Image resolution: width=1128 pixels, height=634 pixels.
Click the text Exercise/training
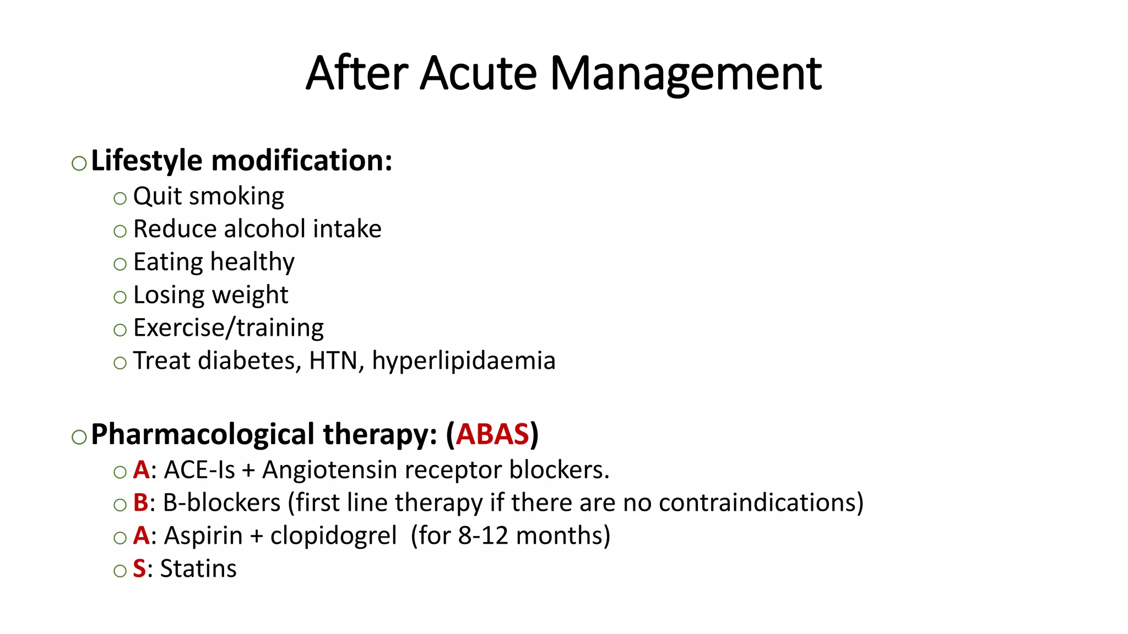click(x=229, y=329)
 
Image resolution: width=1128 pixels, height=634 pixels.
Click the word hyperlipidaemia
click(x=464, y=362)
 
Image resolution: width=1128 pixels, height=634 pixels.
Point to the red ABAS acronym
click(x=492, y=434)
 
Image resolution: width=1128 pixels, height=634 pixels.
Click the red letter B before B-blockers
click(x=141, y=503)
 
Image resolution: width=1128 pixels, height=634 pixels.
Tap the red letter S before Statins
click(x=139, y=569)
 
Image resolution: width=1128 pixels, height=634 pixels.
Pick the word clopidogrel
click(x=333, y=536)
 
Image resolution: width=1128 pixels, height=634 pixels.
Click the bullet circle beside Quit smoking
click(x=120, y=198)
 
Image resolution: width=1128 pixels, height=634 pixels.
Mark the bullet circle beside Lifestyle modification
click(x=79, y=163)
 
